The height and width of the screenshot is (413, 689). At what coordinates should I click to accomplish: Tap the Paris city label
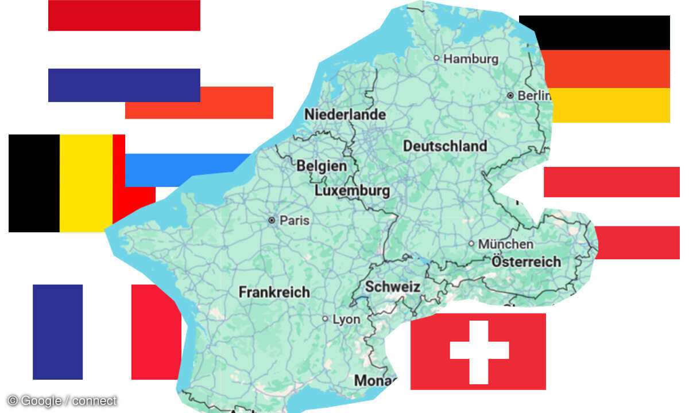pyautogui.click(x=294, y=220)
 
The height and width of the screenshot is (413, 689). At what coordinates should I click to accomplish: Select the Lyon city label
pyautogui.click(x=347, y=319)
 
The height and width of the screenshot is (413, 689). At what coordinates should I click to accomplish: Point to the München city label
pyautogui.click(x=505, y=244)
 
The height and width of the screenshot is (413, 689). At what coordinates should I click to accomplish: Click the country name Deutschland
pyautogui.click(x=445, y=146)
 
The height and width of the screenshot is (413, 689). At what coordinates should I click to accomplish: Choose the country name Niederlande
pyautogui.click(x=344, y=115)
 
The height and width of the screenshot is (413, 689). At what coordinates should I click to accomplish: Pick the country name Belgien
pyautogui.click(x=322, y=166)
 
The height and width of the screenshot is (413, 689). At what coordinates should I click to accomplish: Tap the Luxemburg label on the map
pyautogui.click(x=353, y=190)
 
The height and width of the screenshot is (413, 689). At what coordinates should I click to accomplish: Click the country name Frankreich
pyautogui.click(x=274, y=292)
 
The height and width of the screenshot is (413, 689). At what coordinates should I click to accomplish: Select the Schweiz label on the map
pyautogui.click(x=393, y=287)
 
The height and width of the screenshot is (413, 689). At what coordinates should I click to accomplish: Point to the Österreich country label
pyautogui.click(x=526, y=262)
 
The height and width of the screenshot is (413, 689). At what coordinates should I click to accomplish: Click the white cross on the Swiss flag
pyautogui.click(x=479, y=350)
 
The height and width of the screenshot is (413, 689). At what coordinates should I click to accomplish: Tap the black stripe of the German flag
pyautogui.click(x=594, y=33)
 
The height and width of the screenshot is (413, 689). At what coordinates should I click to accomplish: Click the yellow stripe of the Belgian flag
pyautogui.click(x=86, y=183)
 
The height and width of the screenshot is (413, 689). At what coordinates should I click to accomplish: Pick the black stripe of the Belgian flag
pyautogui.click(x=34, y=183)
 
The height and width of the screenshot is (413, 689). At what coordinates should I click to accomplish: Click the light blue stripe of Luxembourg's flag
pyautogui.click(x=184, y=169)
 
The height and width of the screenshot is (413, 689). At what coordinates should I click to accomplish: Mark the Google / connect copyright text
pyautogui.click(x=62, y=401)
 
